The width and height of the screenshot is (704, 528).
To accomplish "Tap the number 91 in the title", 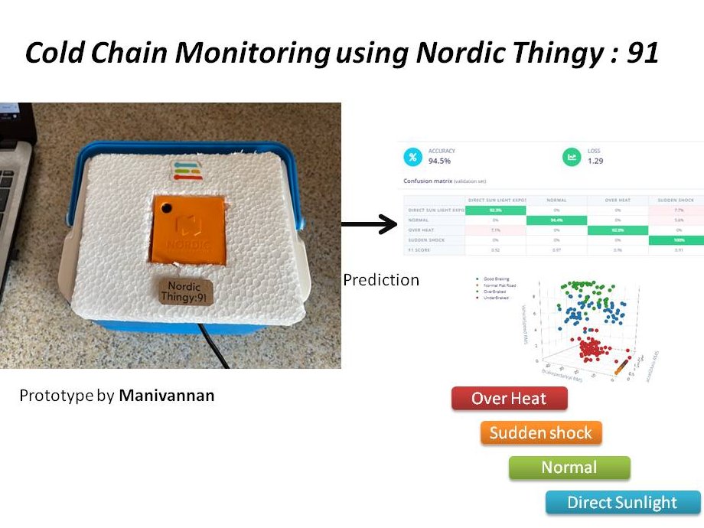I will pyautogui.click(x=641, y=53).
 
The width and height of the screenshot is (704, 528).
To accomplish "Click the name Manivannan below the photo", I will pyautogui.click(x=166, y=396).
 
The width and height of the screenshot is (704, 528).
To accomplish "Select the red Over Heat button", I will pyautogui.click(x=509, y=398).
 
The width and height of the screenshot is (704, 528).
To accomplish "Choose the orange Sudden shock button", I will pyautogui.click(x=541, y=432).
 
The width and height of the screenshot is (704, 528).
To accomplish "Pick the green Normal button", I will pyautogui.click(x=569, y=467).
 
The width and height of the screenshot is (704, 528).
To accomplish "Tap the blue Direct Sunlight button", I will pyautogui.click(x=622, y=502).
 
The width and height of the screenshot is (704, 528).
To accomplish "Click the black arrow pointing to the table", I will pyautogui.click(x=367, y=225).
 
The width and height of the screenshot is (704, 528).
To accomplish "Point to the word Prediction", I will pyautogui.click(x=381, y=279).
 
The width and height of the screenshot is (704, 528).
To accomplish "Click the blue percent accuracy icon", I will pyautogui.click(x=412, y=157).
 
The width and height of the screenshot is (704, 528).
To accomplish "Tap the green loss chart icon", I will pyautogui.click(x=572, y=157).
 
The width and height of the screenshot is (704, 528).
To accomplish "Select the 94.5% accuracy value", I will pyautogui.click(x=439, y=162).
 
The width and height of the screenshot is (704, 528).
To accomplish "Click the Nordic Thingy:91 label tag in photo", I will pyautogui.click(x=185, y=292).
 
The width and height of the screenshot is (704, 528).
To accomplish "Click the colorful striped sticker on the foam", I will pyautogui.click(x=187, y=170).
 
